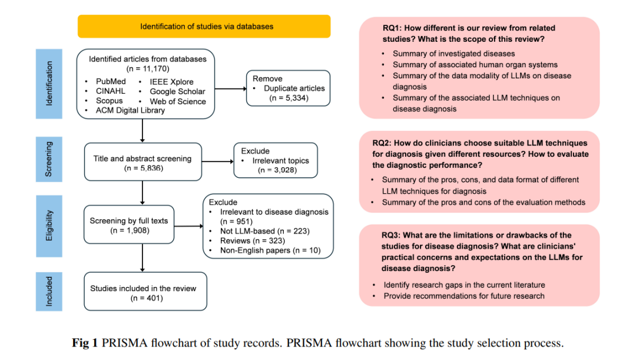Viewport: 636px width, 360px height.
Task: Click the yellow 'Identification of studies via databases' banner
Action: [204, 27]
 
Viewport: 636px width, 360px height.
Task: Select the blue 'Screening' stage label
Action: [49, 159]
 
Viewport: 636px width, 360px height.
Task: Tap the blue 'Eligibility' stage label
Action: [49, 226]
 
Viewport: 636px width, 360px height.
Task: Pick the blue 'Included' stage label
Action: [49, 292]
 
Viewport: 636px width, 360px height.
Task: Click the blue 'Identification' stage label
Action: [49, 84]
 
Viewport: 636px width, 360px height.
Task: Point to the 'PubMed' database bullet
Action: [111, 81]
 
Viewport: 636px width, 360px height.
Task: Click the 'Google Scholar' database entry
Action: [177, 92]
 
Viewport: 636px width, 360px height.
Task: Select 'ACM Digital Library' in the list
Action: [130, 110]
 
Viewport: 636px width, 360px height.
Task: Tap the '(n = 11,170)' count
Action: [148, 68]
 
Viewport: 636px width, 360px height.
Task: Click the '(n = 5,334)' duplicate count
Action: [289, 98]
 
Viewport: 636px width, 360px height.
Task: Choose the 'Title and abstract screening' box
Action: [143, 161]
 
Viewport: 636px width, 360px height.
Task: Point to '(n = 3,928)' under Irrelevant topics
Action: [277, 170]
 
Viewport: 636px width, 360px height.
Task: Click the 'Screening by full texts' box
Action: [129, 224]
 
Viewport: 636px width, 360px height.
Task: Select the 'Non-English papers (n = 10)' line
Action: [270, 250]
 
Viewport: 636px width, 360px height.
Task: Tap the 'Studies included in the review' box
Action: [145, 292]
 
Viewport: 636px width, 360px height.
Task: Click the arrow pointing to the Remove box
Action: [230, 88]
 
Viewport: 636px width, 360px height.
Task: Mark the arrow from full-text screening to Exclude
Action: [188, 226]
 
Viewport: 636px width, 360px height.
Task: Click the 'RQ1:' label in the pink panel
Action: [392, 28]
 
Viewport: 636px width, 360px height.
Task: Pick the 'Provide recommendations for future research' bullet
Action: [464, 296]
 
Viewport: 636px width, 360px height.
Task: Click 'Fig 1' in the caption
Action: [85, 343]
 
